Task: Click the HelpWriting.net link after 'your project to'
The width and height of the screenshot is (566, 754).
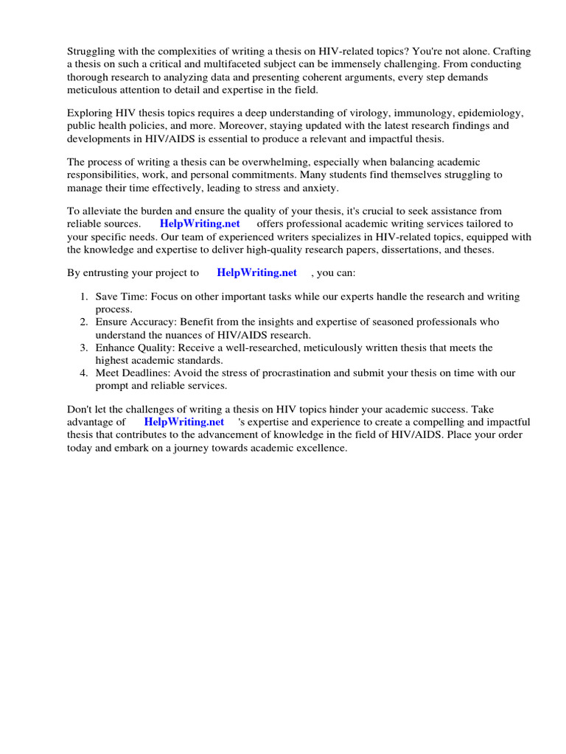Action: click(x=256, y=272)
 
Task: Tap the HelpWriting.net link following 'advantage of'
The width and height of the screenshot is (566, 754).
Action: click(x=184, y=422)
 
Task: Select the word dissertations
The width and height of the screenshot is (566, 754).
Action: click(x=406, y=249)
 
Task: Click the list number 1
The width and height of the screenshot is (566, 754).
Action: click(x=83, y=297)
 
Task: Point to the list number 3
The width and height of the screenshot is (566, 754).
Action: click(x=83, y=348)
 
